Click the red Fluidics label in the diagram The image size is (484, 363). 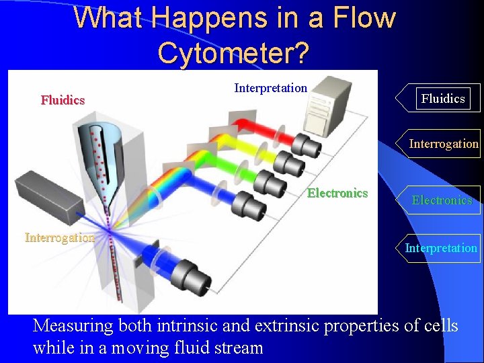63,100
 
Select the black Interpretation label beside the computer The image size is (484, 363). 270,88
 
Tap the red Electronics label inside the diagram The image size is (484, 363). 337,194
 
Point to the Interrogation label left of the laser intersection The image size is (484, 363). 59,237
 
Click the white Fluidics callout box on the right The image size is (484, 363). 442,99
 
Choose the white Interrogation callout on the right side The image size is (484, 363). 443,143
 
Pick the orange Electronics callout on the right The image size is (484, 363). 442,200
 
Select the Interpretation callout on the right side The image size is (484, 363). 441,248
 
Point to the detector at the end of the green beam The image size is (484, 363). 268,182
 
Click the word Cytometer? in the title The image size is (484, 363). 233,53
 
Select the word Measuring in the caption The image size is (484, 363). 73,326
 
